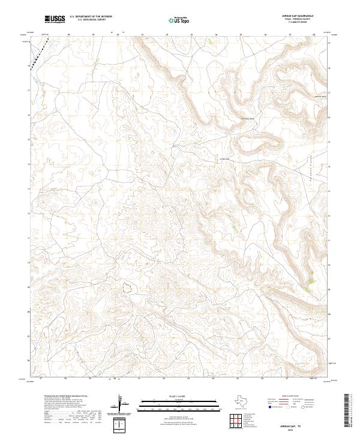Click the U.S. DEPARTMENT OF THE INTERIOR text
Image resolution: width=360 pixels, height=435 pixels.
[91, 17]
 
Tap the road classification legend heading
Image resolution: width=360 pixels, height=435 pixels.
[294, 397]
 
